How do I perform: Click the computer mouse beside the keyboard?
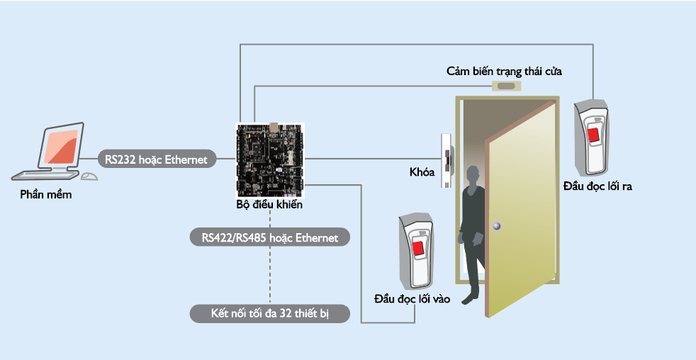pos(89,176)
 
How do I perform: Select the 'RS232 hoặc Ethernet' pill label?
pos(156,159)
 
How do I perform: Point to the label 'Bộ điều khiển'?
pos(269,205)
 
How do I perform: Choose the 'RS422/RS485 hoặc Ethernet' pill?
pos(270,237)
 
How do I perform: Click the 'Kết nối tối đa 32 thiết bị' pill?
pos(270,313)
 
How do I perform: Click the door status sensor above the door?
pos(506,87)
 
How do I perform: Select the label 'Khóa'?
pos(422,172)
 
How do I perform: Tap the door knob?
pos(497,226)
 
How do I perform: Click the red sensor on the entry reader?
pos(419,248)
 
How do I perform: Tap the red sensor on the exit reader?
pos(594,133)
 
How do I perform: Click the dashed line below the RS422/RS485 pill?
pos(270,276)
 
